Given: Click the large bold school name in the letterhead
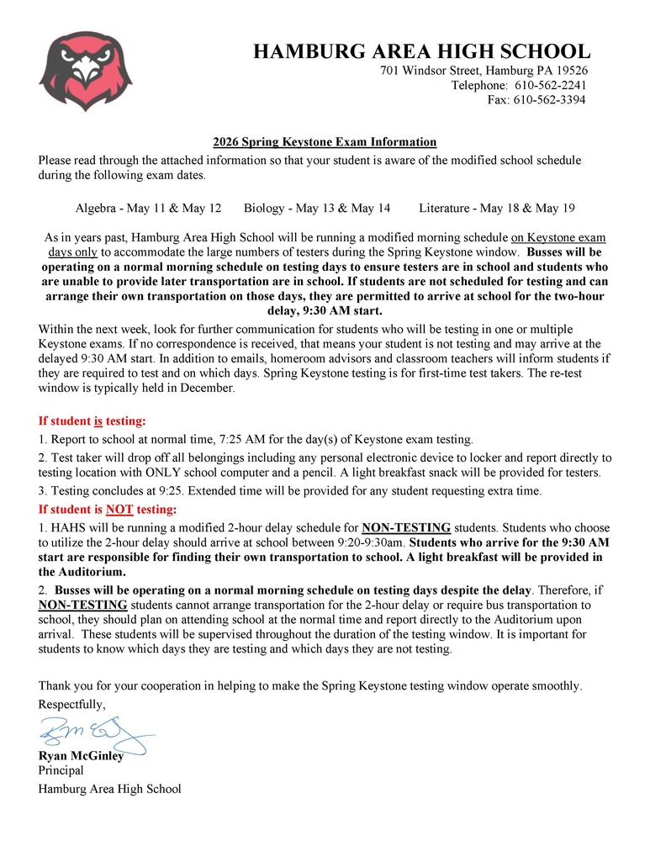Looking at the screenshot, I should [x=421, y=51].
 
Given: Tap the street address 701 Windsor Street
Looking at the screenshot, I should [x=484, y=71].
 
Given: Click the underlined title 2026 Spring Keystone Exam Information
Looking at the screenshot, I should [x=325, y=142].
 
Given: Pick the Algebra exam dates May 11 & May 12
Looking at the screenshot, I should [x=149, y=208].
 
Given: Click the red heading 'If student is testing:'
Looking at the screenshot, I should [x=92, y=420].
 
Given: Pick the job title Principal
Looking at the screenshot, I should [x=61, y=770].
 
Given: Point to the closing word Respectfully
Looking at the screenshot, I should [x=72, y=704].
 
